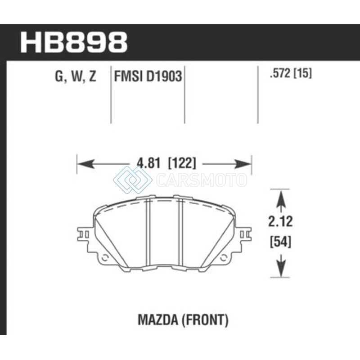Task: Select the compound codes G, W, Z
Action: click(76, 76)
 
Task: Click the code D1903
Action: click(164, 76)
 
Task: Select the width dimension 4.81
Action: click(148, 163)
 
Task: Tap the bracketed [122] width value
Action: click(182, 163)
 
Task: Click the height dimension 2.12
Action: click(280, 221)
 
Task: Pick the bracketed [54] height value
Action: click(280, 242)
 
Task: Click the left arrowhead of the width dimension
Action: click(86, 164)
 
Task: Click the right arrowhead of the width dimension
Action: click(243, 164)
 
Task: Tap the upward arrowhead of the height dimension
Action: click(280, 199)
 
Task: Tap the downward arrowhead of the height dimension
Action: click(280, 268)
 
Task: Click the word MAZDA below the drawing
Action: click(158, 320)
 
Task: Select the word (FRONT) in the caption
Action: click(205, 320)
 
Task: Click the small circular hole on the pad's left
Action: click(105, 258)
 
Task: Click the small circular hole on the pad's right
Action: click(223, 258)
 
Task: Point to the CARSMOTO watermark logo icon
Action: click(132, 180)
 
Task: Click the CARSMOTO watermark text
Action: click(202, 180)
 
